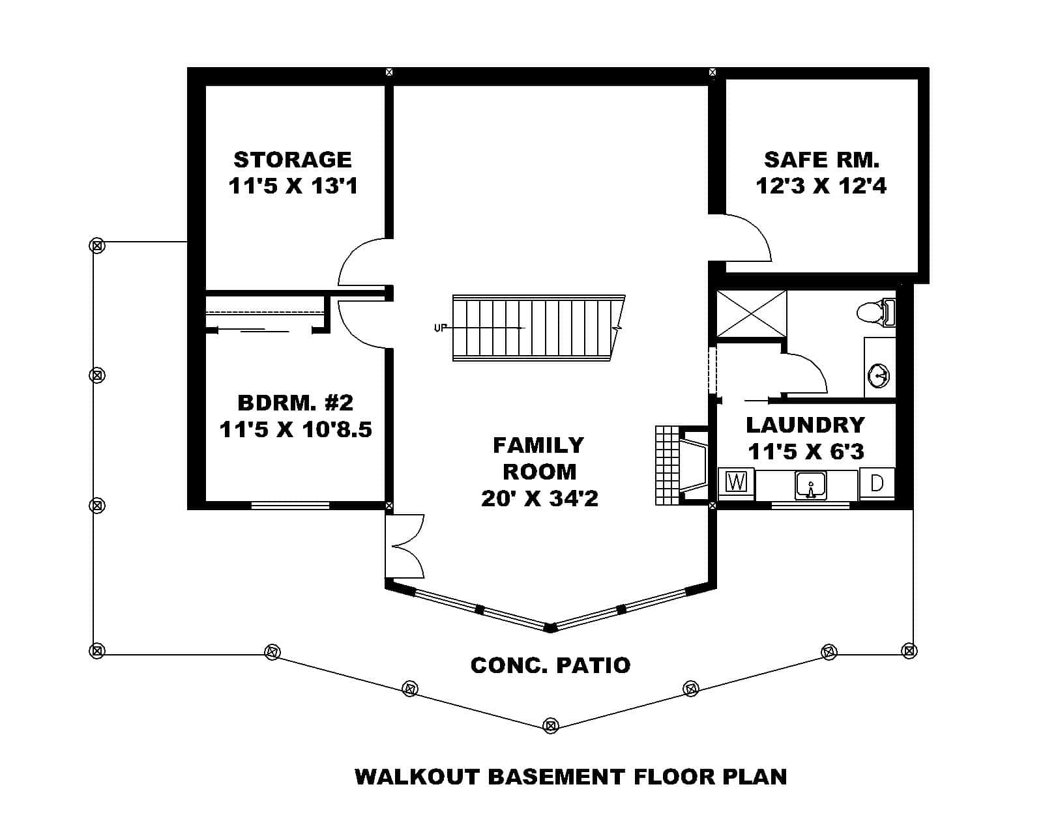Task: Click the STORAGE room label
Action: pyautogui.click(x=293, y=160)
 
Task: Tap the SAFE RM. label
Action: pyautogui.click(x=821, y=160)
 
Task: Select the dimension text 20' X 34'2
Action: pyautogui.click(x=540, y=498)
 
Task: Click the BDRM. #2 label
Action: pyautogui.click(x=295, y=403)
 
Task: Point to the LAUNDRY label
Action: pyautogui.click(x=805, y=425)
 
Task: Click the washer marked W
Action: pyautogui.click(x=736, y=483)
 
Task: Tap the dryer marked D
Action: pyautogui.click(x=877, y=483)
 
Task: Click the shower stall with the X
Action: pyautogui.click(x=752, y=314)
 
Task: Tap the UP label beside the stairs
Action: pyautogui.click(x=440, y=328)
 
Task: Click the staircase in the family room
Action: pyautogui.click(x=535, y=328)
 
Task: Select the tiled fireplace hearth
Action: pyautogui.click(x=666, y=465)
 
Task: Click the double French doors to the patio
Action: pyautogui.click(x=404, y=546)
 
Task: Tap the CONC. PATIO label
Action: pyautogui.click(x=550, y=665)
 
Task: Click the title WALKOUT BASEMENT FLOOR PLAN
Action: pyautogui.click(x=570, y=777)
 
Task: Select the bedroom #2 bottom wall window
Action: pyautogui.click(x=290, y=505)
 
